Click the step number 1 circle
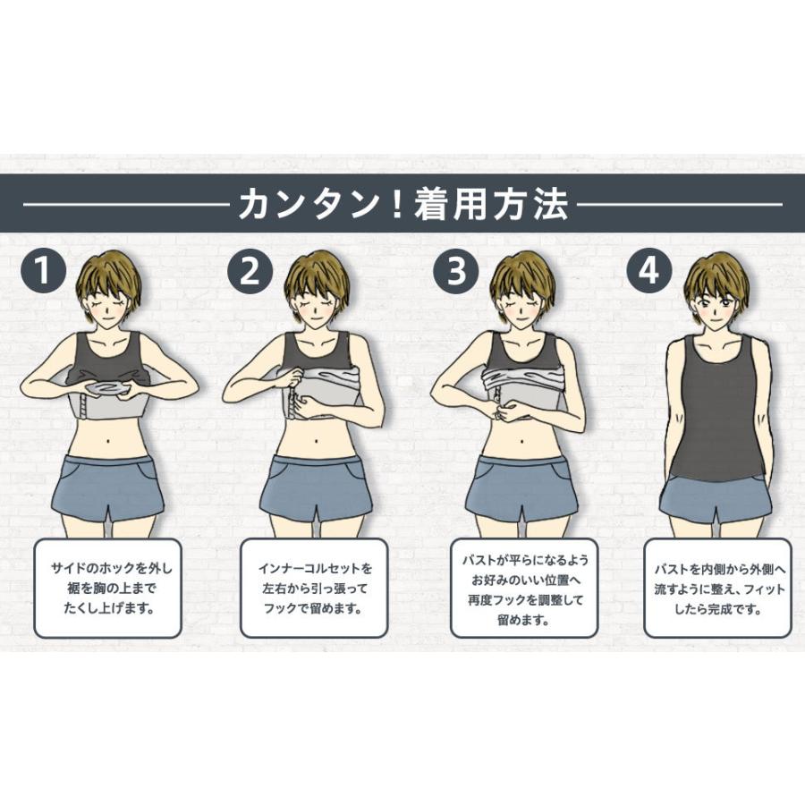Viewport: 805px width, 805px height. coord(45,270)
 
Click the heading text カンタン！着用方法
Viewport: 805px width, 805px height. coord(402,205)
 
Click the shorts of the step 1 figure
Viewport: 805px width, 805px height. coord(107,487)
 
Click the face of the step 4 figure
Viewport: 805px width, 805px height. coord(716,304)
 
